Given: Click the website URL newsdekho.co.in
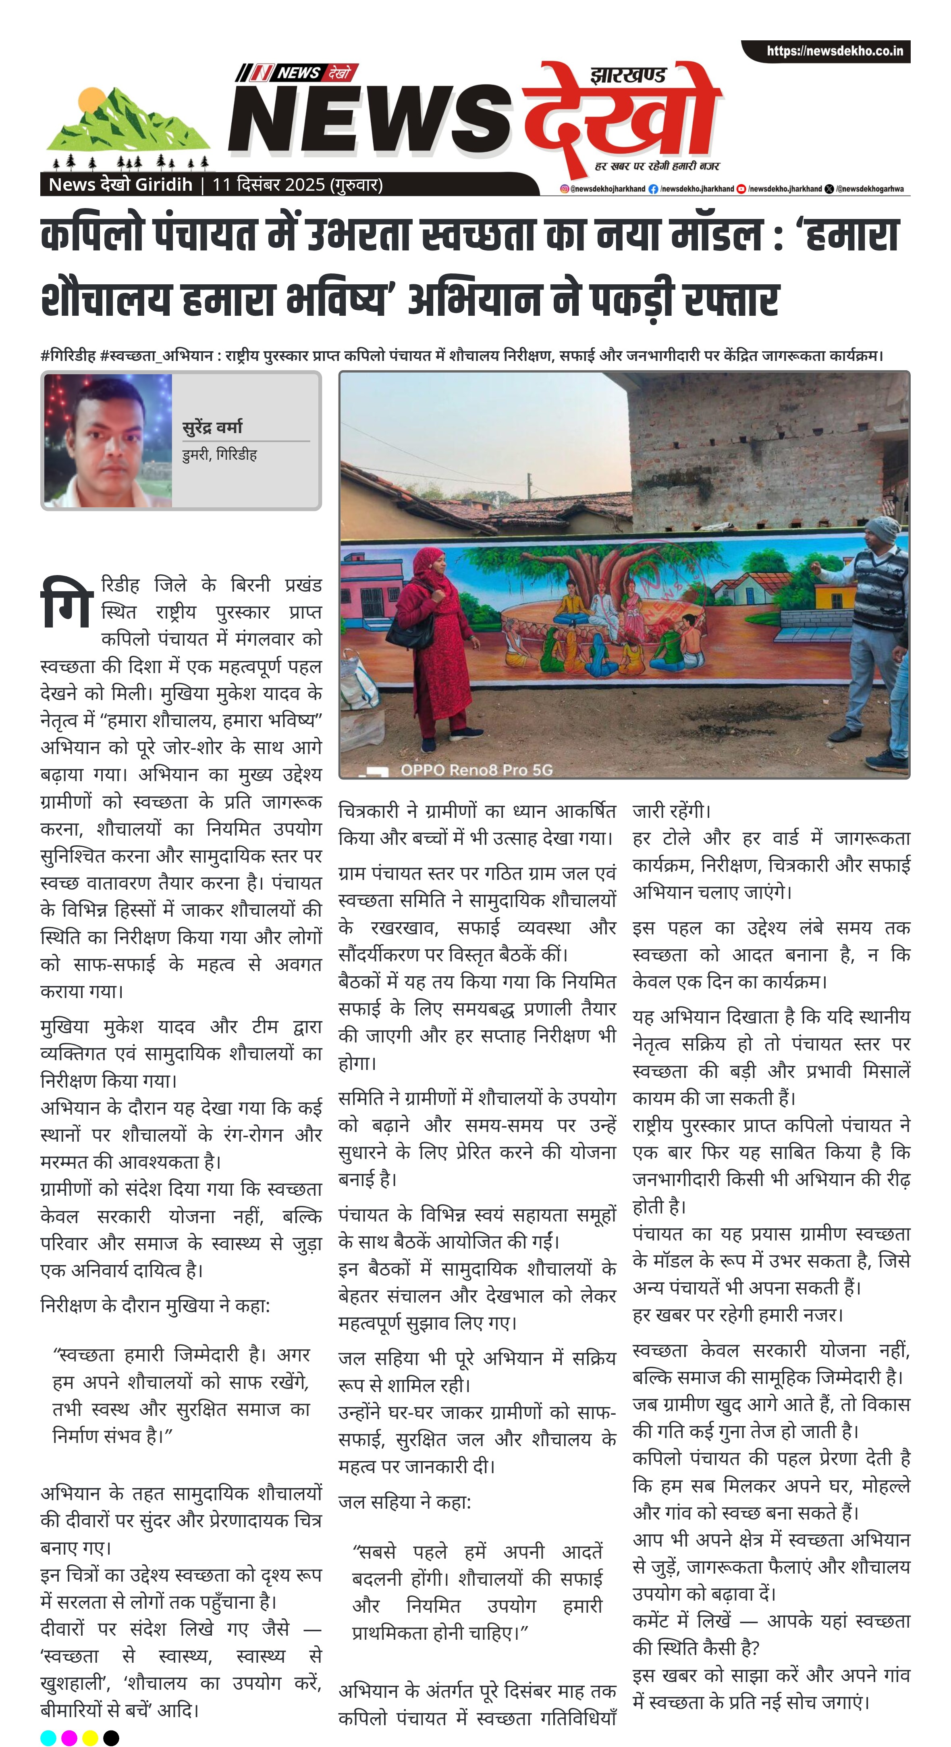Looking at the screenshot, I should (x=835, y=51).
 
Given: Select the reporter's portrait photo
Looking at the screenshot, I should (x=108, y=441).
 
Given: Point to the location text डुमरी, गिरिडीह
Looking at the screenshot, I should (x=219, y=454).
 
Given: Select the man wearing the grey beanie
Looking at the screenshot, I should (x=874, y=631).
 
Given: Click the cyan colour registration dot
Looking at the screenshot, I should (x=48, y=1737).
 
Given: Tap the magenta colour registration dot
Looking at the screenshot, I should (x=69, y=1737).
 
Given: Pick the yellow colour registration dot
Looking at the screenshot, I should (x=90, y=1737).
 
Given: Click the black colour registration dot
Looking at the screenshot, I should (x=111, y=1737).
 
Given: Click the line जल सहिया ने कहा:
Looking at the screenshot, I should (x=405, y=1502).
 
